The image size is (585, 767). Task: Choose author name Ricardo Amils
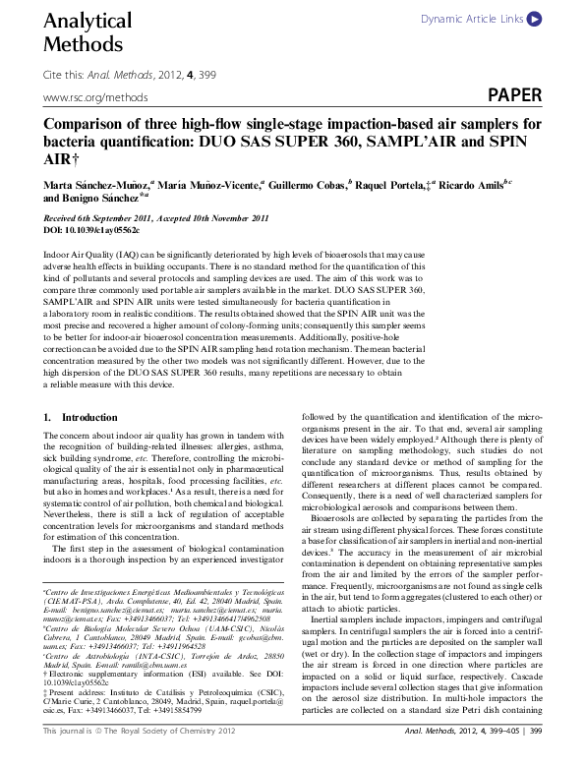tap(470, 184)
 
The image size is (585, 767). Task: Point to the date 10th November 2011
tap(231, 217)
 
